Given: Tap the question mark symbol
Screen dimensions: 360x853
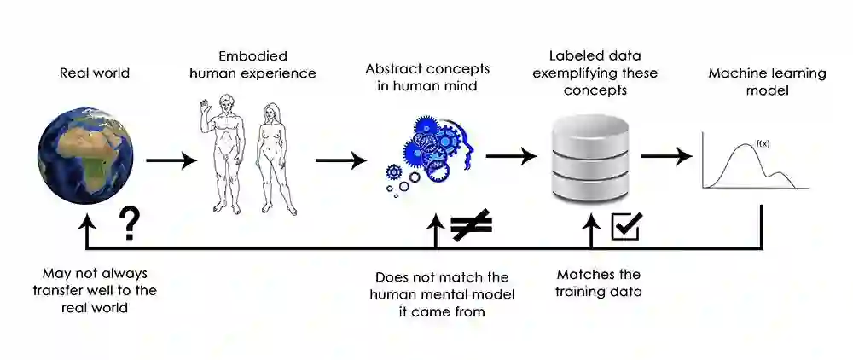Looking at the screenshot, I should (x=129, y=224).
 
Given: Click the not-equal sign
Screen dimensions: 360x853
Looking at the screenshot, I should (x=471, y=225).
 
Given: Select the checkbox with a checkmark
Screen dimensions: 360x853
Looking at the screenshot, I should (x=627, y=225).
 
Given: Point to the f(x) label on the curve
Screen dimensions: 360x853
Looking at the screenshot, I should (x=763, y=142).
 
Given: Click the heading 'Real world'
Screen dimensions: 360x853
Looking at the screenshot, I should (x=95, y=73).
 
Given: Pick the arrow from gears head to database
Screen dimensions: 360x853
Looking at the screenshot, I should (x=511, y=156).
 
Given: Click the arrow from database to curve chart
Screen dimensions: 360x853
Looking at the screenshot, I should (x=666, y=156).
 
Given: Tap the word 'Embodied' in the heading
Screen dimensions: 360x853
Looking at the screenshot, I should (x=252, y=55).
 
